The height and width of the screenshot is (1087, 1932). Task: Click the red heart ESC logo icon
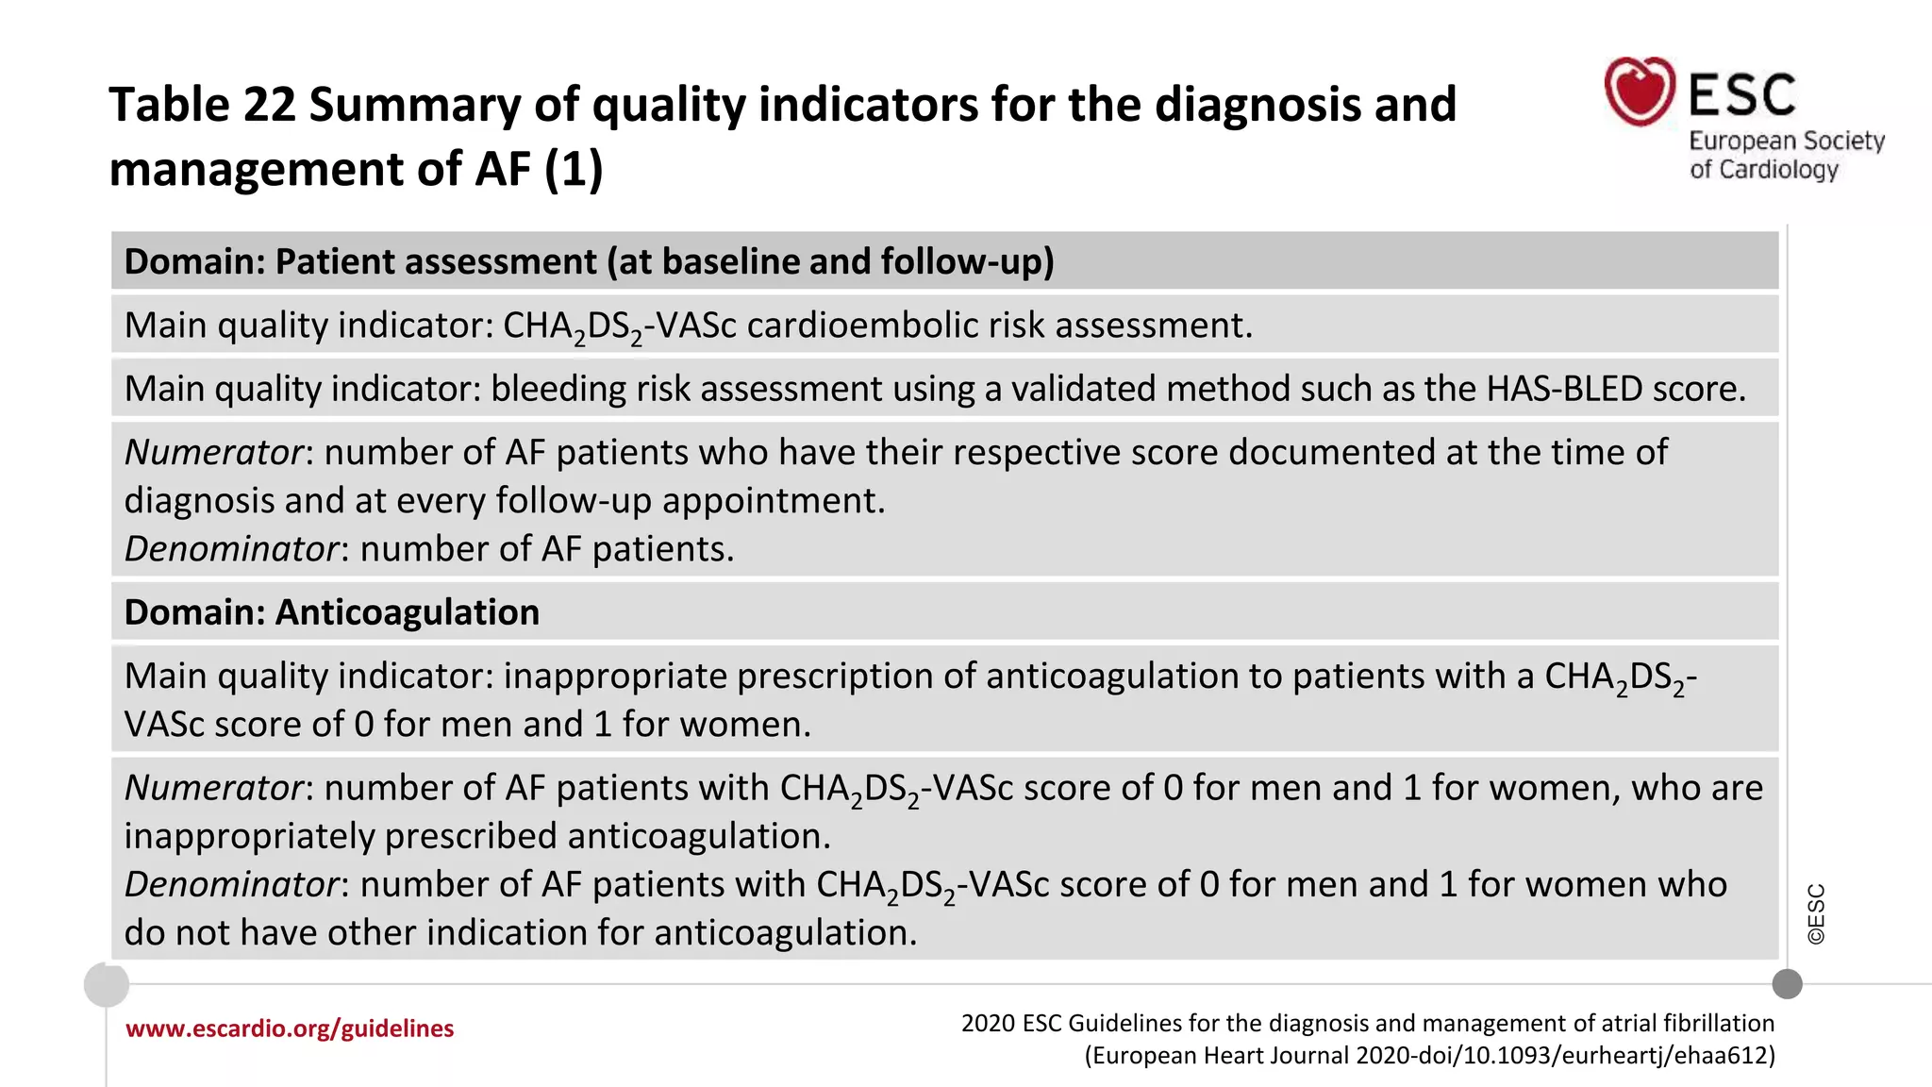pos(1640,92)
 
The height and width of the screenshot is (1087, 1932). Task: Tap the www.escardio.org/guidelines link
pos(290,1028)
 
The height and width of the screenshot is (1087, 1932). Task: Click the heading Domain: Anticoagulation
pos(331,612)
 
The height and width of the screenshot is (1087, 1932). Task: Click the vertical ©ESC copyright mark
pos(1816,913)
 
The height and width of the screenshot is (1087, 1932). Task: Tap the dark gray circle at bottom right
pos(1787,984)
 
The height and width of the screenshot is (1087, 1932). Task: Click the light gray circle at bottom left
pos(107,985)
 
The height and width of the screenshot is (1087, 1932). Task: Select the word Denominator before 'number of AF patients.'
pos(231,549)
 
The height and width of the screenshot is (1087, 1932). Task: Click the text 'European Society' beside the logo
pos(1786,141)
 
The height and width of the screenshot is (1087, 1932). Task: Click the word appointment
pos(773,501)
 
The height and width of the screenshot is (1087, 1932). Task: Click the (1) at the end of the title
pos(574,170)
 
